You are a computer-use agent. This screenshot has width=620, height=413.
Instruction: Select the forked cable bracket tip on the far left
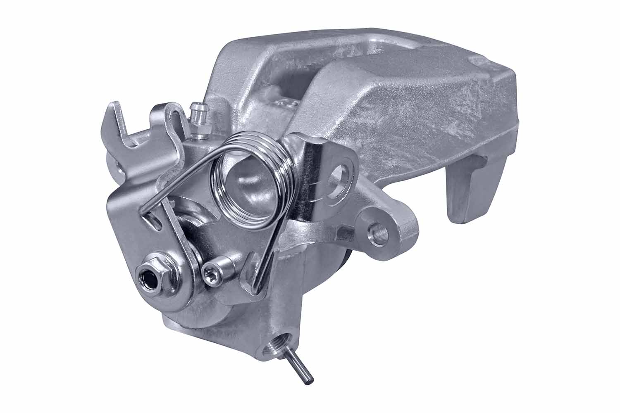pyautogui.click(x=114, y=120)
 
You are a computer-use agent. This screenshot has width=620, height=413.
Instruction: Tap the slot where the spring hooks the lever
pyautogui.click(x=154, y=219)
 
